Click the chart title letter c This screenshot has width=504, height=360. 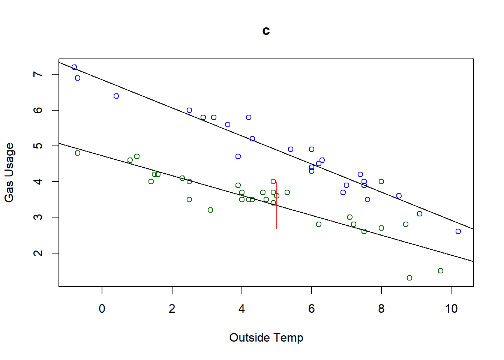click(266, 31)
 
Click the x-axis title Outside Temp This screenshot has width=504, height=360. click(266, 337)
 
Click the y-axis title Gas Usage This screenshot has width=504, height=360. click(9, 172)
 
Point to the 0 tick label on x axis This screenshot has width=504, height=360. click(102, 309)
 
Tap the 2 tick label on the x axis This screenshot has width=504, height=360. click(172, 309)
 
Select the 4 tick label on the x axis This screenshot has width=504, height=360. click(241, 309)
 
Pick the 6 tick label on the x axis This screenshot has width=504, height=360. click(311, 309)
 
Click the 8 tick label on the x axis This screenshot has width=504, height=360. click(381, 309)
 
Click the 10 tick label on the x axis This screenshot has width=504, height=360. click(451, 309)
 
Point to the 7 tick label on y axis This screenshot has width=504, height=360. click(38, 74)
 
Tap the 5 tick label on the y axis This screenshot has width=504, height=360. click(38, 145)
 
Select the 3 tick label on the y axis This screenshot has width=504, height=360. click(38, 217)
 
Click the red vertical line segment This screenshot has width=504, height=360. click(277, 210)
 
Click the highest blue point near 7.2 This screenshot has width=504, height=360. click(74, 67)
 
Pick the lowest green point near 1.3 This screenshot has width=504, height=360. click(409, 278)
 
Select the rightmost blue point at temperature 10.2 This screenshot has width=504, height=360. click(458, 231)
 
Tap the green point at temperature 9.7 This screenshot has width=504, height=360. click(441, 271)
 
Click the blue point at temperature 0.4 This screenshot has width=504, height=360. click(116, 96)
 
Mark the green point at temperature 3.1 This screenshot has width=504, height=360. click(210, 210)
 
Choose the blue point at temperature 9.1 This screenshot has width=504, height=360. click(420, 214)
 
